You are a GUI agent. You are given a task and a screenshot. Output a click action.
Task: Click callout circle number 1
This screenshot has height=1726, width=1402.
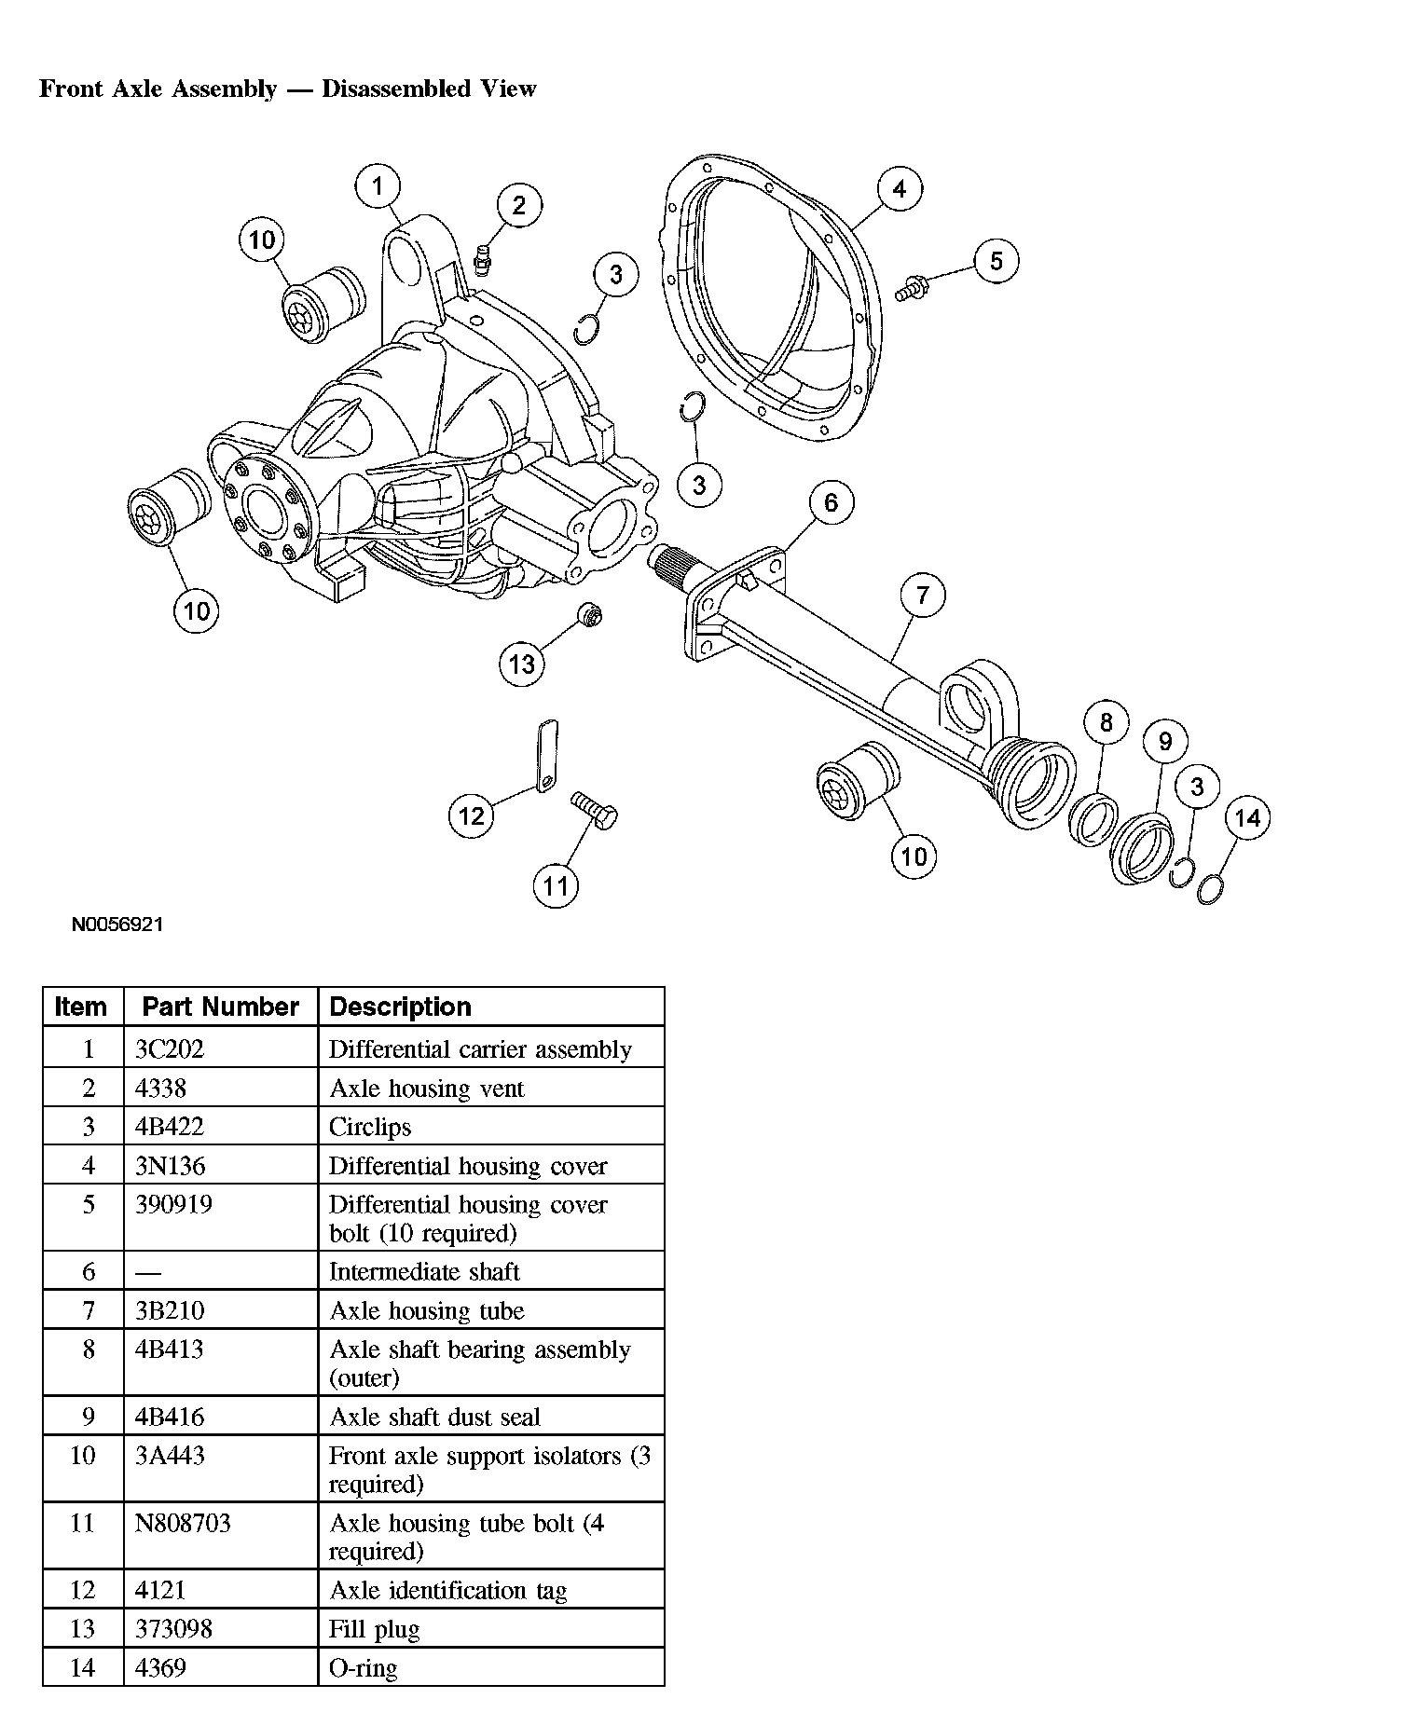click(x=378, y=186)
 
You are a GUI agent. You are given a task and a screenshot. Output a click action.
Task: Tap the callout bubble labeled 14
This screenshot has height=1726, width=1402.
click(x=1247, y=818)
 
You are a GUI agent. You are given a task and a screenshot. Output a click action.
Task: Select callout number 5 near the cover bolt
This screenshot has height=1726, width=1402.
click(x=996, y=261)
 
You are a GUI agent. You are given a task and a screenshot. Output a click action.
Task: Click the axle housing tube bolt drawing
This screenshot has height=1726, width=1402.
click(x=594, y=810)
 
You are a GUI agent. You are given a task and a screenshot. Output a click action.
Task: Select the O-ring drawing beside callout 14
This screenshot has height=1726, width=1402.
click(x=1209, y=891)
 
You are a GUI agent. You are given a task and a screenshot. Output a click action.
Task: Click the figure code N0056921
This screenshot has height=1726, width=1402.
click(x=117, y=925)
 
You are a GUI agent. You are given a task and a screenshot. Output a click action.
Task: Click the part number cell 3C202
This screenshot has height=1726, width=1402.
click(x=170, y=1049)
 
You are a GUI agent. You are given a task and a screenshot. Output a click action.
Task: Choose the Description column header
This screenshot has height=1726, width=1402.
click(x=401, y=1007)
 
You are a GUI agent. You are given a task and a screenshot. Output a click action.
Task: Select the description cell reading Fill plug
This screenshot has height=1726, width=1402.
click(x=375, y=1629)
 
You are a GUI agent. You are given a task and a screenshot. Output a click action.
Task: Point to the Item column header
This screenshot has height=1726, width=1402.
click(x=81, y=1007)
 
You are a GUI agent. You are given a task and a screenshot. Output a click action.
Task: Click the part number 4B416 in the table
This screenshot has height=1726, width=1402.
click(x=169, y=1417)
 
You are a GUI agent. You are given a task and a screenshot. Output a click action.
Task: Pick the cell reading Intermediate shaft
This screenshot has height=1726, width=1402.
click(x=424, y=1271)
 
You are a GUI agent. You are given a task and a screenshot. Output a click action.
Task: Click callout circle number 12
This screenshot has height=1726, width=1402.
click(x=472, y=816)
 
